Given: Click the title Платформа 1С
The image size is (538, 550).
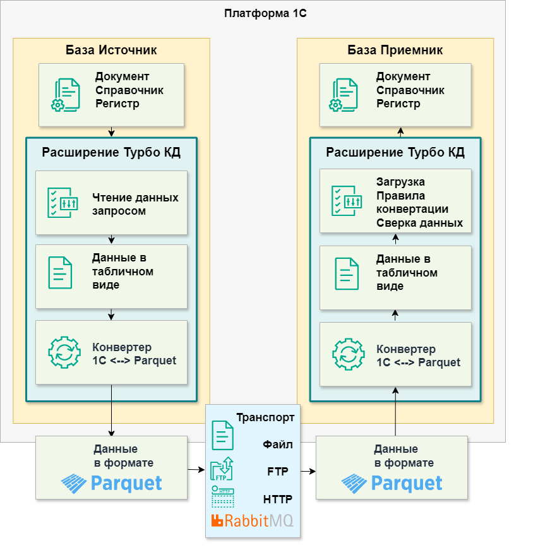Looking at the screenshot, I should coord(265,13).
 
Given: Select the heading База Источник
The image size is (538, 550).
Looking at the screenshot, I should coord(111,50).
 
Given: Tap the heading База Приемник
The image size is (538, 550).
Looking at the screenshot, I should coord(395,50).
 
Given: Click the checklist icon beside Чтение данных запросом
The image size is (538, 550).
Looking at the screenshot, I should coord(63,203).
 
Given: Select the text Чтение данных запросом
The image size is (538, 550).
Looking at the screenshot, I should coord(135,204).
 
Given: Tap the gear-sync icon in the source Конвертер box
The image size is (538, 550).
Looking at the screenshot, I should coord(64,352).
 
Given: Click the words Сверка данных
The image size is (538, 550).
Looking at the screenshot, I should coord(419,223).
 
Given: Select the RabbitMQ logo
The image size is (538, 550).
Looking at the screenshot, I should coord(253,521).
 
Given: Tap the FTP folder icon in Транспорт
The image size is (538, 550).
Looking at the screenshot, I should coord(222,470).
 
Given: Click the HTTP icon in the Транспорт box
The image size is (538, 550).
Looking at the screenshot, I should coord(222,498).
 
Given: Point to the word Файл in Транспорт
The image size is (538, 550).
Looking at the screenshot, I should coord(278,445).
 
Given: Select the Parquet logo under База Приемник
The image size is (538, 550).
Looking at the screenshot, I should coord(392,484).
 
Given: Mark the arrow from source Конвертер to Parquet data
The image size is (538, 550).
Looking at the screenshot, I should coord(111,410).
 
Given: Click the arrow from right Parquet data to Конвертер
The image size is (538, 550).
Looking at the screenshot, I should coord(396,410).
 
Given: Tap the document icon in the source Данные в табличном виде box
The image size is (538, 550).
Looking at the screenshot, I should coord(61,272).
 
